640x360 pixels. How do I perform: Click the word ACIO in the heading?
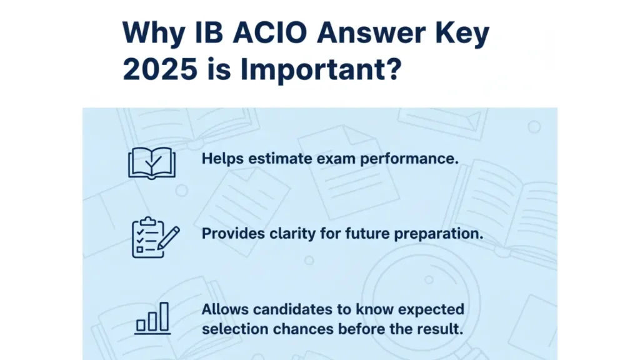point(269,32)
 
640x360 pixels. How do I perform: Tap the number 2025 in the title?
point(160,69)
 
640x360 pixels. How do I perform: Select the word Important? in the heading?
point(321,70)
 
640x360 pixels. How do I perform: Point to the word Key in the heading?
point(462,34)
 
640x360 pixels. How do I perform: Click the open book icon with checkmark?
point(152,163)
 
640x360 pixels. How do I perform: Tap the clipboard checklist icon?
point(156,237)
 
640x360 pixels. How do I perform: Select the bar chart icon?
point(152,318)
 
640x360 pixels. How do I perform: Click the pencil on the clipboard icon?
point(169,237)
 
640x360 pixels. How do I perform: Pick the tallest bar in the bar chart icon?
point(164,316)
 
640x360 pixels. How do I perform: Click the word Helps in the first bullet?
point(222,159)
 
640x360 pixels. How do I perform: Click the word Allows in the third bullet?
point(225,309)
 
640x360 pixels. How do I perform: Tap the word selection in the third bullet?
point(235,329)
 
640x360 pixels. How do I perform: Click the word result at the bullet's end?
point(443,329)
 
